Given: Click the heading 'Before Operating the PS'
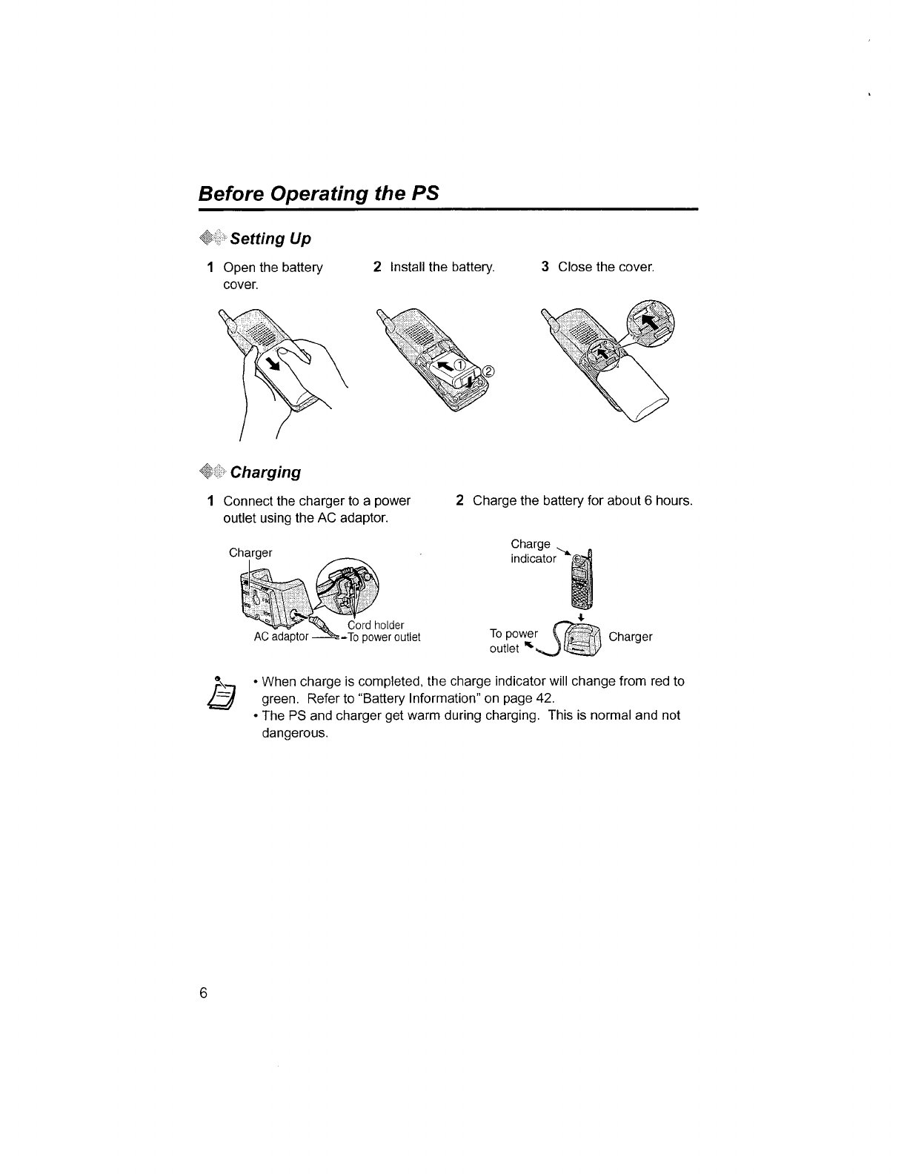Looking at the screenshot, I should tap(319, 193).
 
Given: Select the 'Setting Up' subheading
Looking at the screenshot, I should tap(270, 239).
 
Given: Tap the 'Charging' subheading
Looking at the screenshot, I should tap(265, 472).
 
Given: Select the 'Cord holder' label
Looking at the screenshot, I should tap(376, 625).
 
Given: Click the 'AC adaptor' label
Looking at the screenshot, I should tap(281, 637).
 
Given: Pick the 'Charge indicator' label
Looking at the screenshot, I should tap(533, 551).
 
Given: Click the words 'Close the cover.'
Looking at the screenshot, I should tap(606, 267).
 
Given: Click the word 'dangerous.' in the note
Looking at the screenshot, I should tap(295, 733).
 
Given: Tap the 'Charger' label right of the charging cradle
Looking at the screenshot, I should tap(630, 637).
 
